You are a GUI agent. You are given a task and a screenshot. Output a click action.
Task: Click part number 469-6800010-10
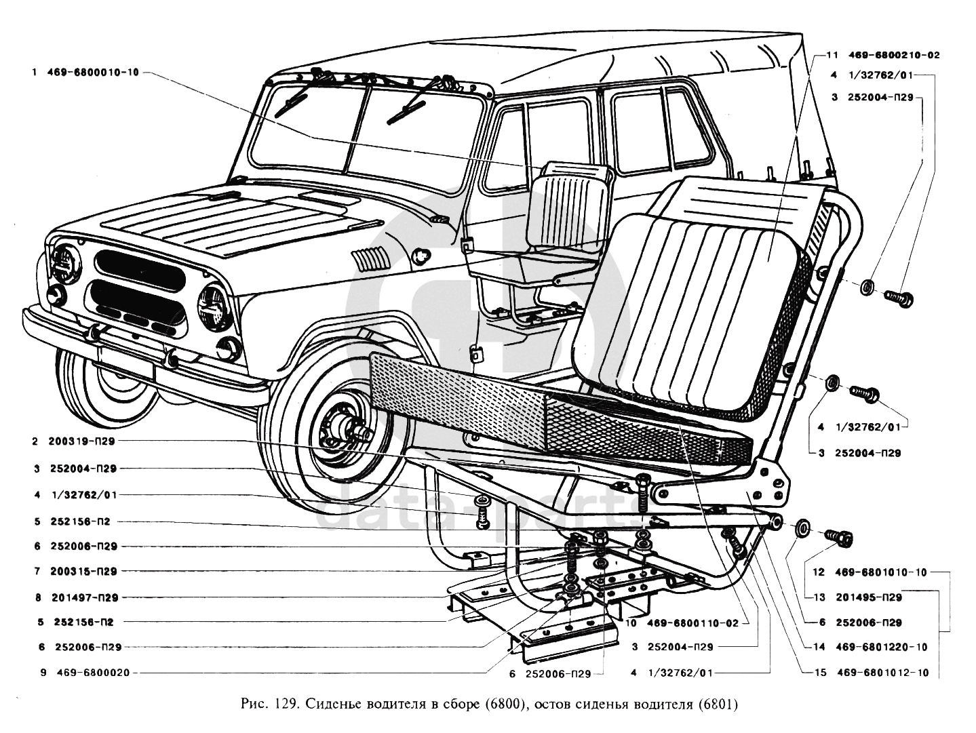pos(93,72)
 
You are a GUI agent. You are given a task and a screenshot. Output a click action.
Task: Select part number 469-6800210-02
pos(894,55)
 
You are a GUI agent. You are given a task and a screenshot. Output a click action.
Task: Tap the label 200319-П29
pos(81,441)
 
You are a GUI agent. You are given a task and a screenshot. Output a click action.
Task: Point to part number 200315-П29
pos(83,571)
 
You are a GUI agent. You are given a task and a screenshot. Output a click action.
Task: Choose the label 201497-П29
pos(85,597)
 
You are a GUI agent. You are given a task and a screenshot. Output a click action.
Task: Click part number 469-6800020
pos(94,673)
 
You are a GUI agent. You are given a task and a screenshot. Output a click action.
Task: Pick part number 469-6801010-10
pos(881,572)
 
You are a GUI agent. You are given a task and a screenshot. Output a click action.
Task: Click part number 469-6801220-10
pos(882,647)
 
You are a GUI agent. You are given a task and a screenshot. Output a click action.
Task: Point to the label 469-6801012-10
pos(882,673)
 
